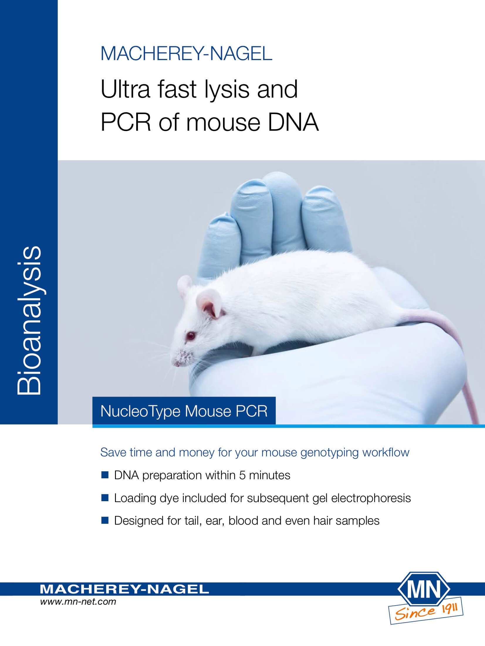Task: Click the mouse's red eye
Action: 191,334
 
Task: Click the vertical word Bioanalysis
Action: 28,321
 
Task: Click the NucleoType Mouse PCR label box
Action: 184,411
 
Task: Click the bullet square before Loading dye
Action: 105,498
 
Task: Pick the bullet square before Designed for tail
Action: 105,521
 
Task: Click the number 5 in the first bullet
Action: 242,475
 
